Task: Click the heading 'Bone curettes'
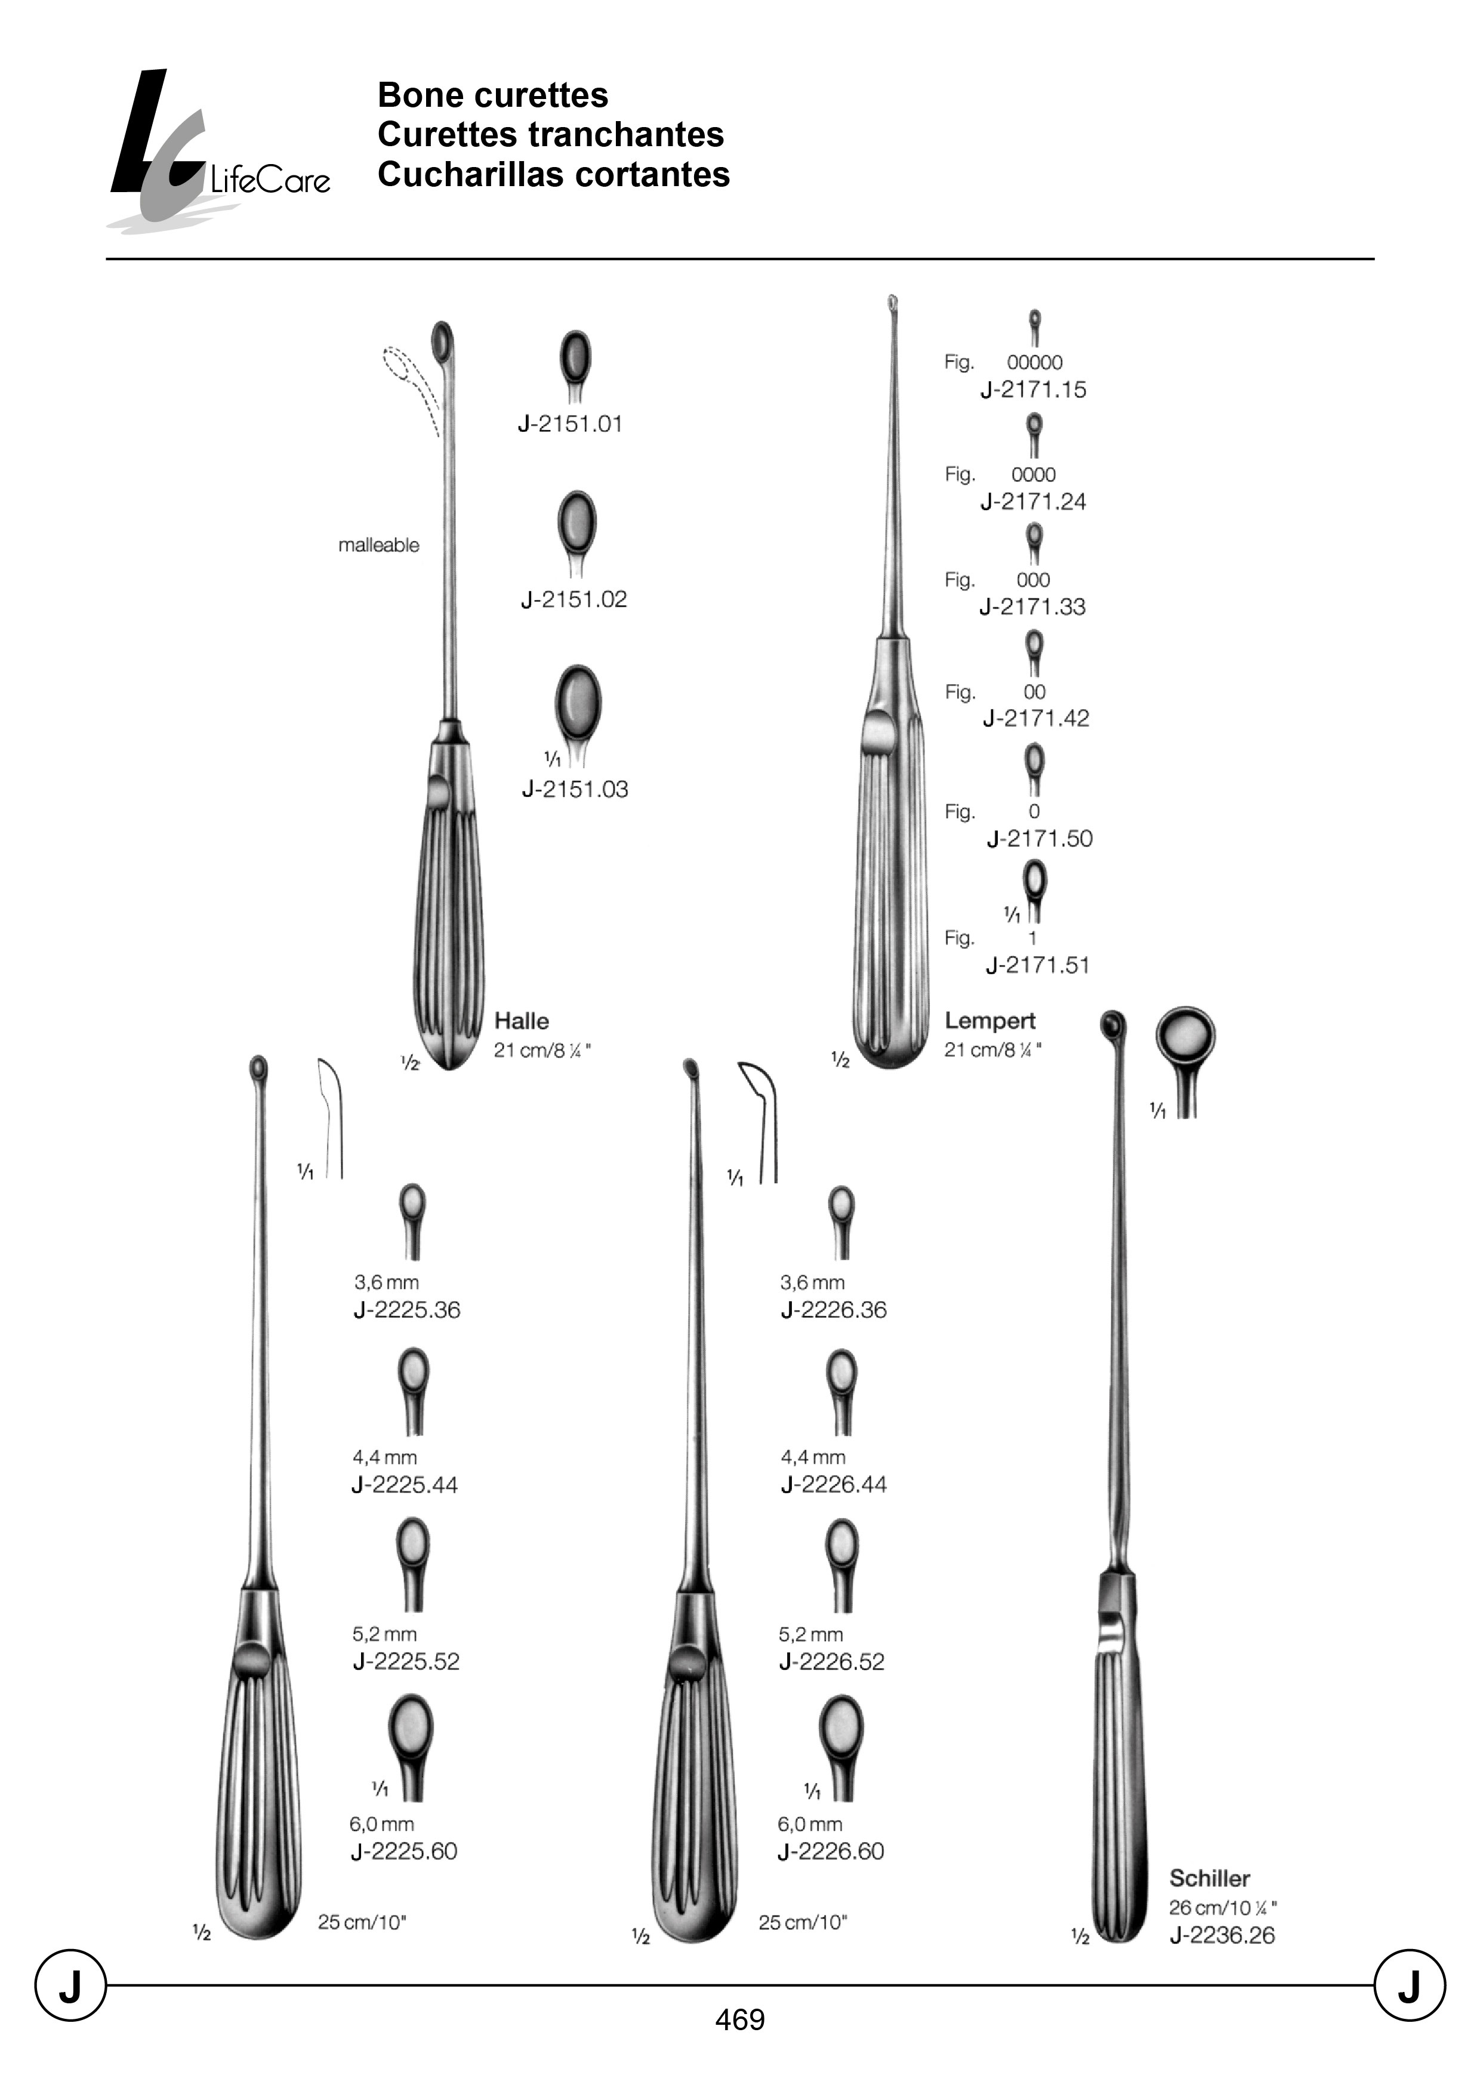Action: (492, 95)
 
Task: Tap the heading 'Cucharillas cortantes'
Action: (553, 174)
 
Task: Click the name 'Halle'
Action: (521, 1021)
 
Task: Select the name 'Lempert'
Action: (989, 1021)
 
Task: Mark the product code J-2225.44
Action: (405, 1484)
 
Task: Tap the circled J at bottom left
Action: (70, 1985)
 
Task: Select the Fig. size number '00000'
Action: (1034, 363)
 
